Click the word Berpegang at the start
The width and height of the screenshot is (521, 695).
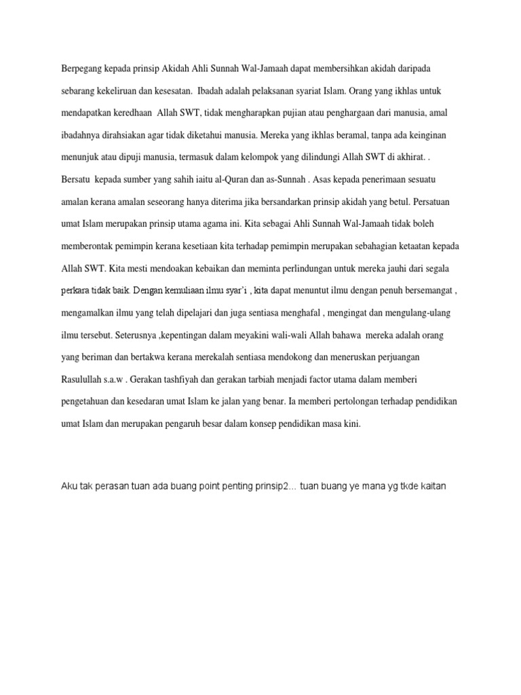(x=82, y=69)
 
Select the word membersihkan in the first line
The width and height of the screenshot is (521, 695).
(x=367, y=69)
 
